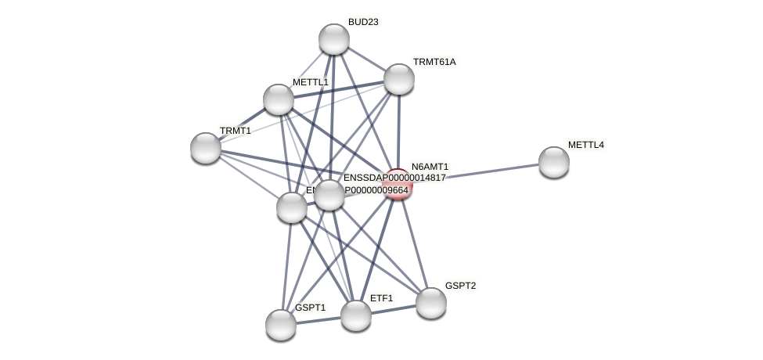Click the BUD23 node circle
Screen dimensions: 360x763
(334, 39)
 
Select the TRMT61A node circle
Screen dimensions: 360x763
(398, 79)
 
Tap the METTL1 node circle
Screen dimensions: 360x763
(279, 99)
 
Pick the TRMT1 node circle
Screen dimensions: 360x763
(206, 148)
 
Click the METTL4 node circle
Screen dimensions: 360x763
(553, 162)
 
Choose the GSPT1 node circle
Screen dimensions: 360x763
(281, 325)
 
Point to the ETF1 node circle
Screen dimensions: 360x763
(356, 315)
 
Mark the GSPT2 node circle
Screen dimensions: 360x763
(430, 303)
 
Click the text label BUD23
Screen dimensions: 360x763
(363, 22)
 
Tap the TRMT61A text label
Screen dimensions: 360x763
(434, 62)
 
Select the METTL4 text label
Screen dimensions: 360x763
(585, 145)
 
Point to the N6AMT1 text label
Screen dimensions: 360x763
(430, 167)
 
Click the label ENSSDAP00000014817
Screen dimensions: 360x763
(394, 178)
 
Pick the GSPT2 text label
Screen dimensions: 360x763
(460, 286)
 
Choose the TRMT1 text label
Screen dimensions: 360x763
(235, 131)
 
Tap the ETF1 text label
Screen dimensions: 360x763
(381, 298)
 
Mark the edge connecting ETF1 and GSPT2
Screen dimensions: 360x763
(393, 309)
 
